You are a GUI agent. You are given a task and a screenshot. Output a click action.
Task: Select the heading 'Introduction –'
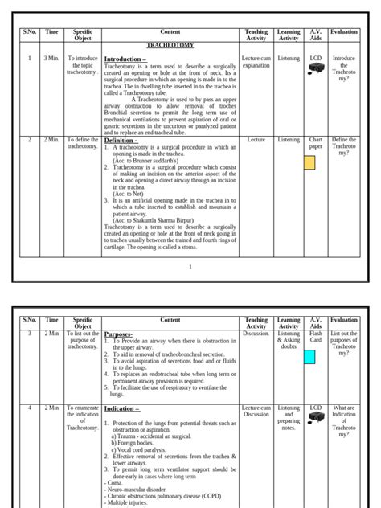pyautogui.click(x=125, y=59)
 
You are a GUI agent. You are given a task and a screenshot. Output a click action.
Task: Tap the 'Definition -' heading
pyautogui.click(x=121, y=140)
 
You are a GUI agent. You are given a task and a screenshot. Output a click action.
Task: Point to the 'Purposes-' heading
pyautogui.click(x=119, y=333)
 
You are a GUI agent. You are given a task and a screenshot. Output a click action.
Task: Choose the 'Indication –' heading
pyautogui.click(x=122, y=409)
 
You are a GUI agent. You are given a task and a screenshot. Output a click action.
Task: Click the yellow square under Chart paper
pyautogui.click(x=309, y=164)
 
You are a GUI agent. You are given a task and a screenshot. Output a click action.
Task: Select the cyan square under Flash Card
pyautogui.click(x=309, y=357)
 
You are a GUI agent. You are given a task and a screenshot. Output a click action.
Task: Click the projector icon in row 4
pyautogui.click(x=316, y=421)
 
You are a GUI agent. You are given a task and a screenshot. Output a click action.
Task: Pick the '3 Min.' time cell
pyautogui.click(x=52, y=59)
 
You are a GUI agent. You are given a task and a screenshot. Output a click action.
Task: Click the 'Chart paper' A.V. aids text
pyautogui.click(x=316, y=144)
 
